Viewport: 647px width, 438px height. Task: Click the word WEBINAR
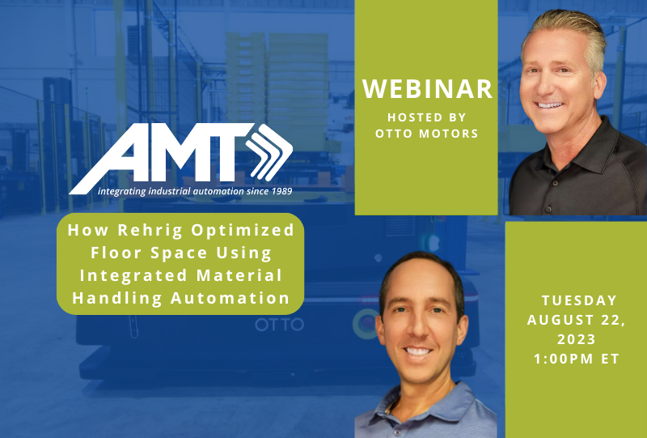point(427,88)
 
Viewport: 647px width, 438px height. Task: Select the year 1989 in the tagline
point(277,192)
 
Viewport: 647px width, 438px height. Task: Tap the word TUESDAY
point(579,300)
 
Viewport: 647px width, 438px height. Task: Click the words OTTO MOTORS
point(426,134)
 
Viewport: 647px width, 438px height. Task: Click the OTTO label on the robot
point(280,325)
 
